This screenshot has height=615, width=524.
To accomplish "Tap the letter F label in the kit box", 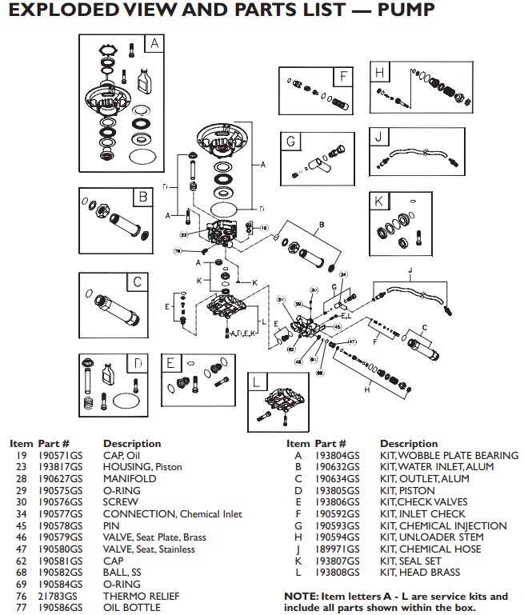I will coord(342,77).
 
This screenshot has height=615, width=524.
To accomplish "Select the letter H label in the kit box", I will coord(380,73).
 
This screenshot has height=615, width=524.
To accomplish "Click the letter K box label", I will coord(379,201).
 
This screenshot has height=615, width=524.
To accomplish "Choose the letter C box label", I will coord(137,282).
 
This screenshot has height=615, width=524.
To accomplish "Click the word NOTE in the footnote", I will coord(301,596).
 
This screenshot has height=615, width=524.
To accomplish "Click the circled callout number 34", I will coord(343,275).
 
